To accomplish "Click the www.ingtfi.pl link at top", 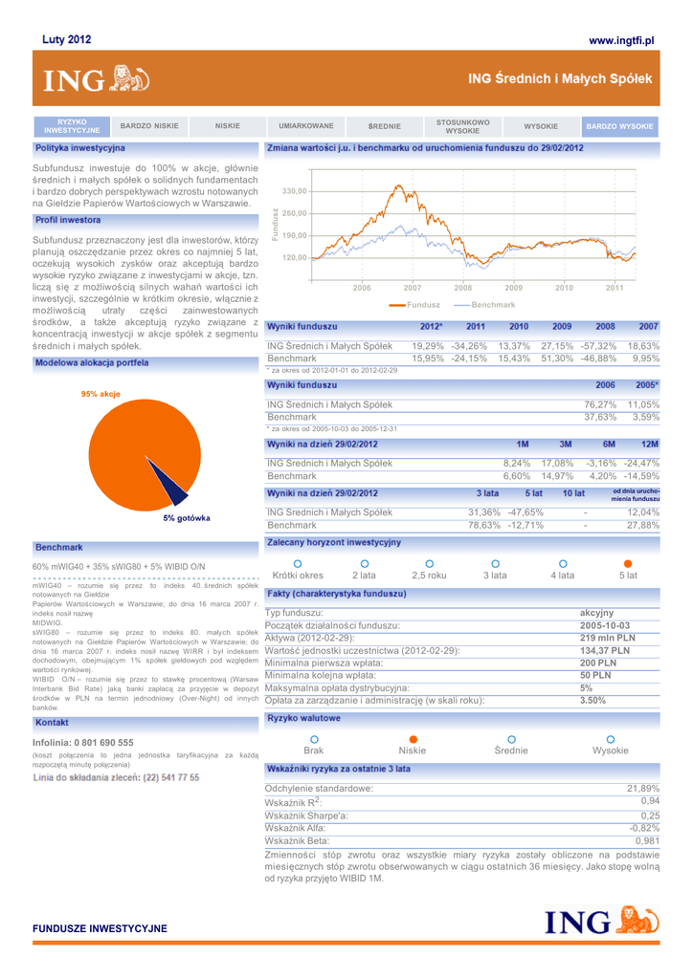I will point(620,40).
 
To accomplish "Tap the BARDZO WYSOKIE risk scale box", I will point(619,126).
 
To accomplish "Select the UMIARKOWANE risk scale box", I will point(306,126).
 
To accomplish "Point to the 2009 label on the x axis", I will point(513,287).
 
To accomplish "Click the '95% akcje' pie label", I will point(101,394).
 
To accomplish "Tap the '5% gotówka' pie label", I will point(186,517).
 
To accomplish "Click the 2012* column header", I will point(431,327).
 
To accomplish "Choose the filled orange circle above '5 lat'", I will point(628,563).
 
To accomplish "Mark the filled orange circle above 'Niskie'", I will point(413,739).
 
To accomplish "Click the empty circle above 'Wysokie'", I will point(611,739).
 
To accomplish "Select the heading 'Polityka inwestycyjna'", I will point(79,148).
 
